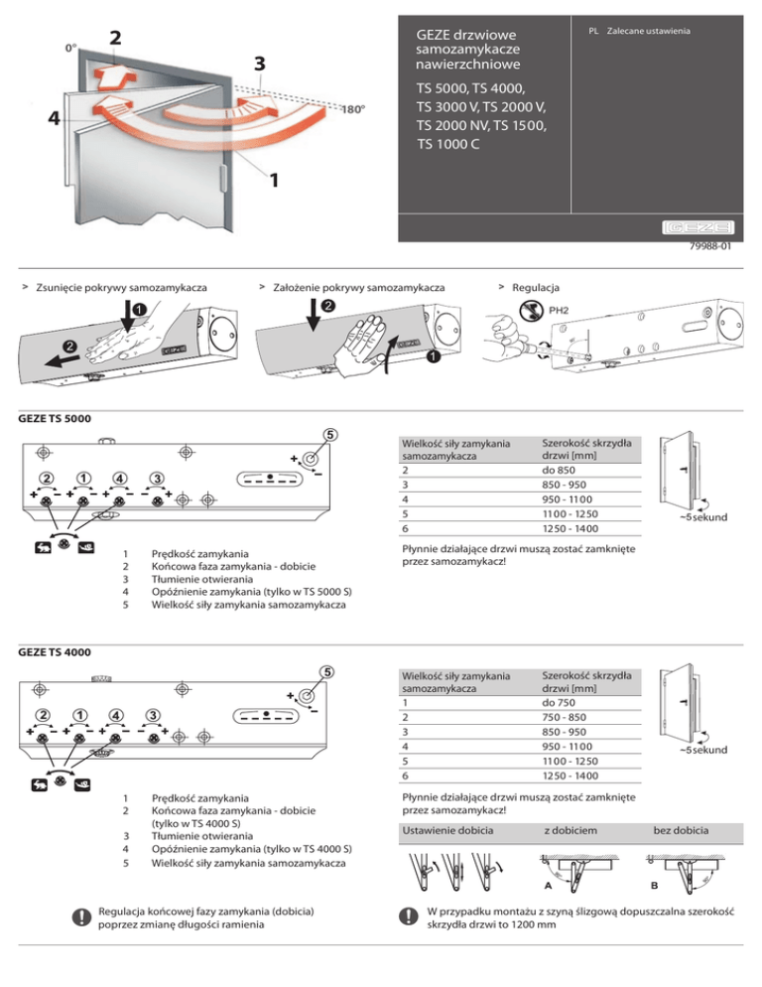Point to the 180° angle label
356,109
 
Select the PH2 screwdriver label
561,309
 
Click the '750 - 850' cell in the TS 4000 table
569,719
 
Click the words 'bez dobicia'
682,829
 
